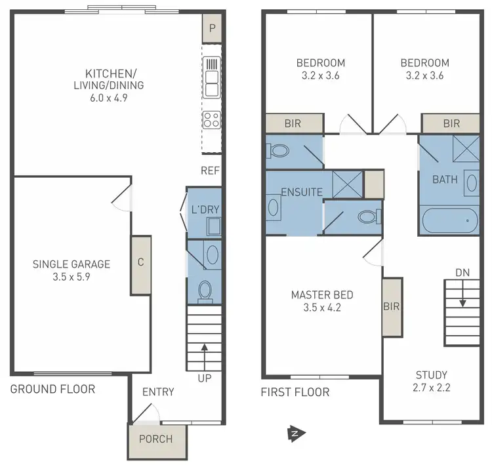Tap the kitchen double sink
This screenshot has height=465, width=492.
click(x=212, y=77)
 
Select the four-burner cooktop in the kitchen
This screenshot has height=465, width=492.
click(x=212, y=119)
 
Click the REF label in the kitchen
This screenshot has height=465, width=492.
click(x=211, y=171)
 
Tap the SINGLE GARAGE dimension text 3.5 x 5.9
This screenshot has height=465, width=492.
click(x=72, y=278)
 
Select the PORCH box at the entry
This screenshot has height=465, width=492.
click(x=157, y=439)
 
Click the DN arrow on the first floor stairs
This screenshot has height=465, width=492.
click(x=463, y=298)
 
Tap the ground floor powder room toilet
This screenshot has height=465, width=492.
click(x=205, y=290)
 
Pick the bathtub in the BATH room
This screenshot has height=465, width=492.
click(x=449, y=221)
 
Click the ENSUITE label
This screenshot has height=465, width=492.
click(x=301, y=192)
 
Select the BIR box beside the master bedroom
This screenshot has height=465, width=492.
click(x=392, y=306)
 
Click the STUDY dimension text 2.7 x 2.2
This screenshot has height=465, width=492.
click(x=432, y=388)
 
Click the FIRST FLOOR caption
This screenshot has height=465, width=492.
click(x=295, y=392)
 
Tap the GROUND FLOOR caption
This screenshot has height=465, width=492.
click(x=52, y=389)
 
